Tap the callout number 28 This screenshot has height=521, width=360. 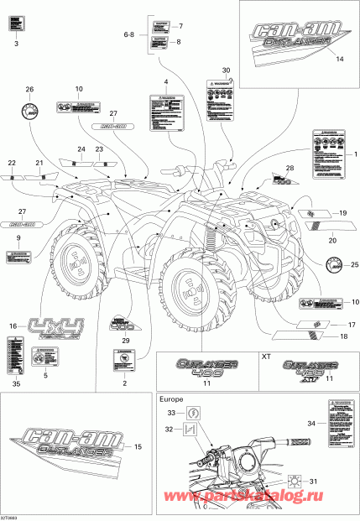tap(289, 169)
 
